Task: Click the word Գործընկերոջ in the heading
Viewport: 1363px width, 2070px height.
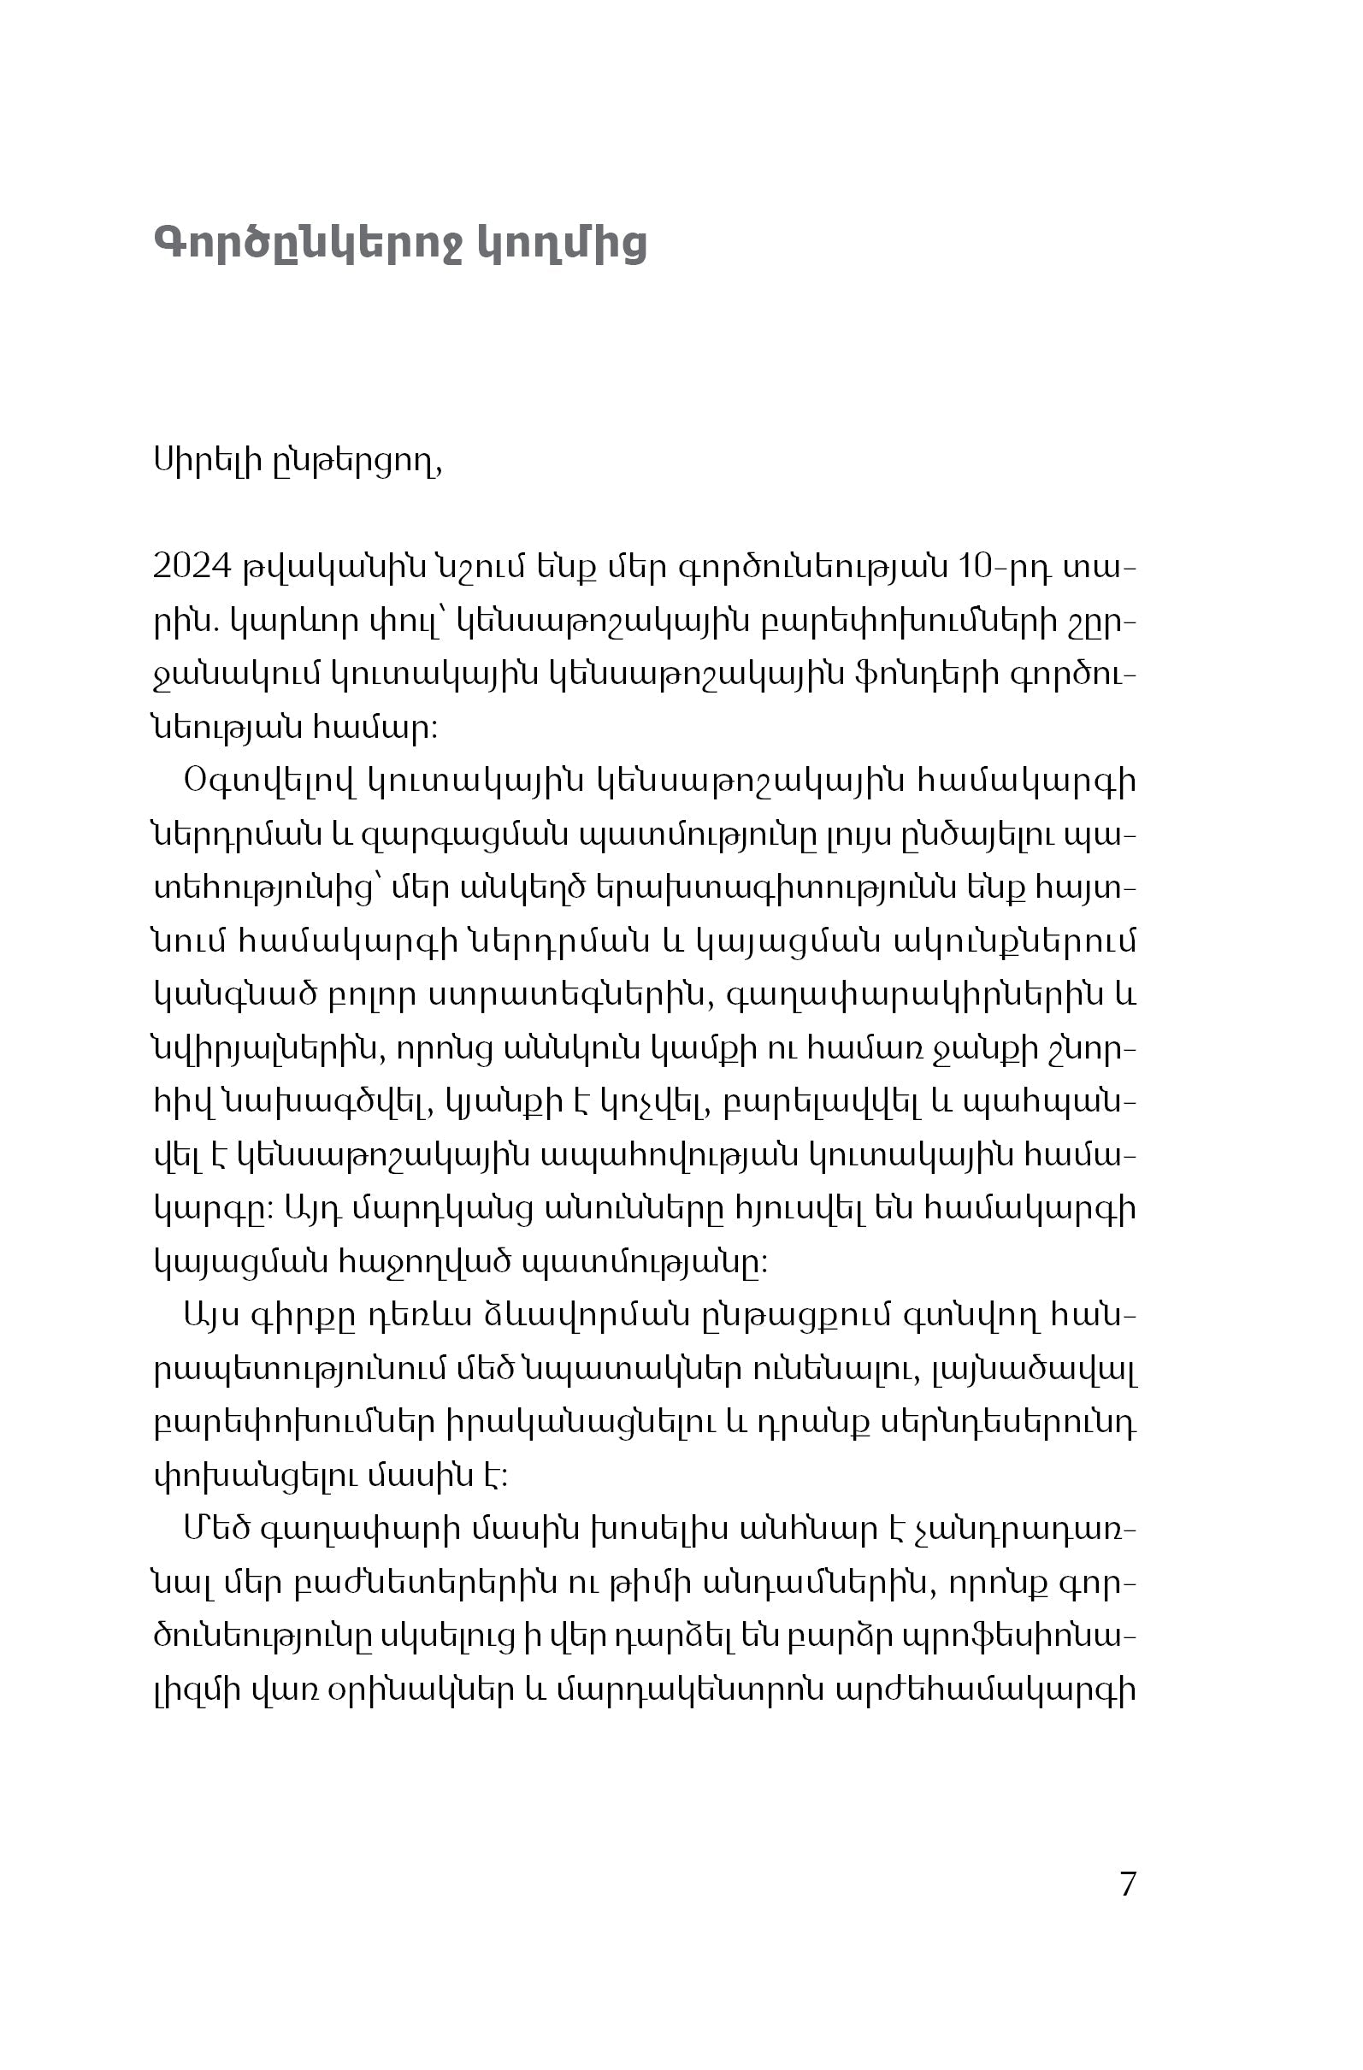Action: [310, 245]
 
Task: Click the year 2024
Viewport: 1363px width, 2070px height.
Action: [192, 568]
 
